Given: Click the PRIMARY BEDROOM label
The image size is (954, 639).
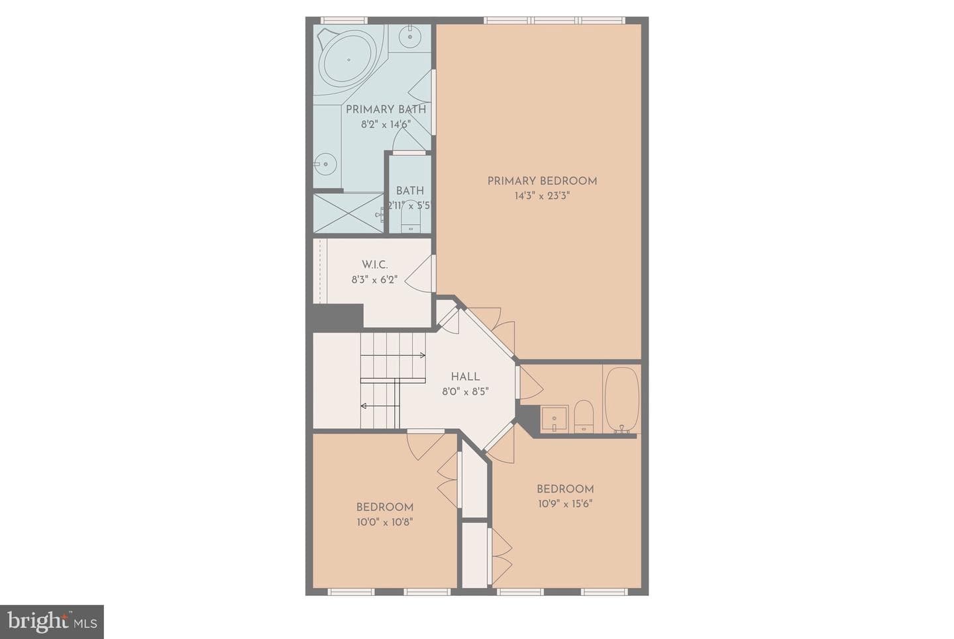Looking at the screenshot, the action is [x=542, y=181].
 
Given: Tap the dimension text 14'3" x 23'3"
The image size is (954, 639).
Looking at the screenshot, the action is [x=542, y=196].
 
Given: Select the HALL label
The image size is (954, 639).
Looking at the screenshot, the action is [x=465, y=377].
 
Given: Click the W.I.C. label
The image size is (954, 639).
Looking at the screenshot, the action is [x=375, y=264].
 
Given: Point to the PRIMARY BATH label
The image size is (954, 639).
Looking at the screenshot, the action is [x=386, y=109].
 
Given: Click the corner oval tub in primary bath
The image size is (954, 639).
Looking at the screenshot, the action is [x=348, y=60].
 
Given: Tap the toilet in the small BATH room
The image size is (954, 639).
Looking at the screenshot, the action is [x=411, y=217].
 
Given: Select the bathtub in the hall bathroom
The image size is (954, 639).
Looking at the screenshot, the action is [x=622, y=400].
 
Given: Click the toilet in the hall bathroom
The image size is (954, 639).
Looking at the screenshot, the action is [x=584, y=416].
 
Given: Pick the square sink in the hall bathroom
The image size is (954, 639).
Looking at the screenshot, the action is [x=554, y=418].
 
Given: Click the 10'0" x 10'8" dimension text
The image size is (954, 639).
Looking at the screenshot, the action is [x=385, y=522].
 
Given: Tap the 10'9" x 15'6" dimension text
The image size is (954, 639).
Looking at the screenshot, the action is [x=565, y=504].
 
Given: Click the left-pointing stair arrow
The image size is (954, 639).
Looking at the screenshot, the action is [x=380, y=406].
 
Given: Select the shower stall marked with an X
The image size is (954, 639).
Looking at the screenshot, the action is [x=348, y=213].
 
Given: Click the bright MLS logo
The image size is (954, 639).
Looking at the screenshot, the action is [x=52, y=622].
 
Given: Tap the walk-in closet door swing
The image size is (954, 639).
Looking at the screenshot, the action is [x=420, y=274].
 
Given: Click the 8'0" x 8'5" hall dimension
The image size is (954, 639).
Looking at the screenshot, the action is [x=465, y=392].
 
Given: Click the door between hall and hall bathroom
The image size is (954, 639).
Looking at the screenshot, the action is [x=530, y=383].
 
